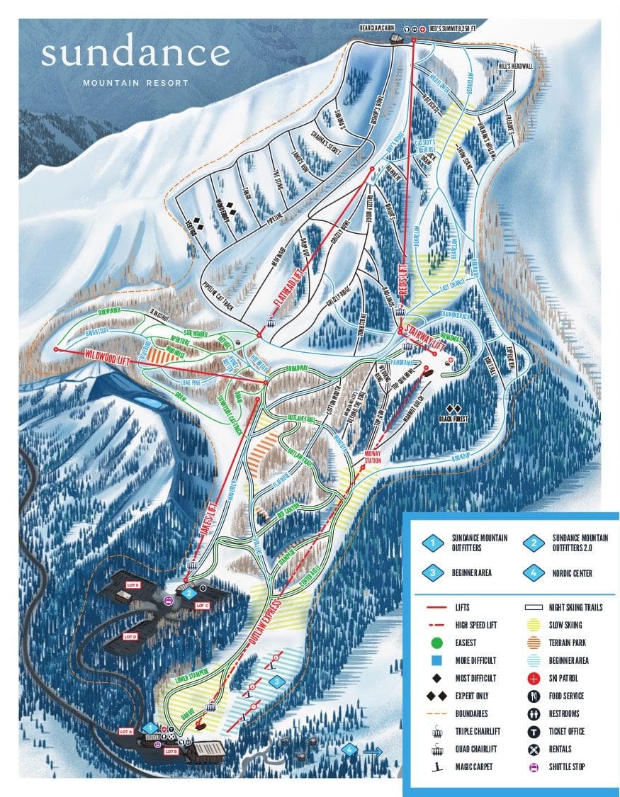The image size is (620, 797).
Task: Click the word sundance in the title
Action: pyautogui.click(x=135, y=53)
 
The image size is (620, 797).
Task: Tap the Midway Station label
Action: pyautogui.click(x=373, y=456)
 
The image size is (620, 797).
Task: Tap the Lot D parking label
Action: pyautogui.click(x=130, y=636)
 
